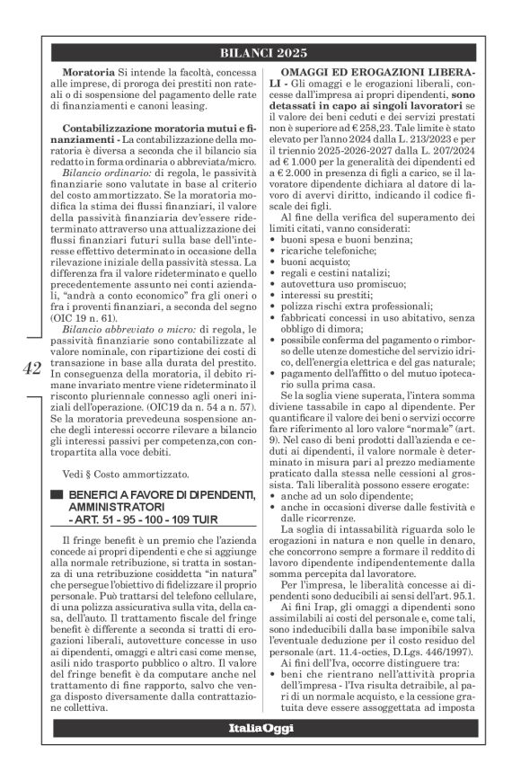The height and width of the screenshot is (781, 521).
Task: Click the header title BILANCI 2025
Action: tap(262, 53)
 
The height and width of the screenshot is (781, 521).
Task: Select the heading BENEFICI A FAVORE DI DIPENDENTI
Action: tap(163, 497)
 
